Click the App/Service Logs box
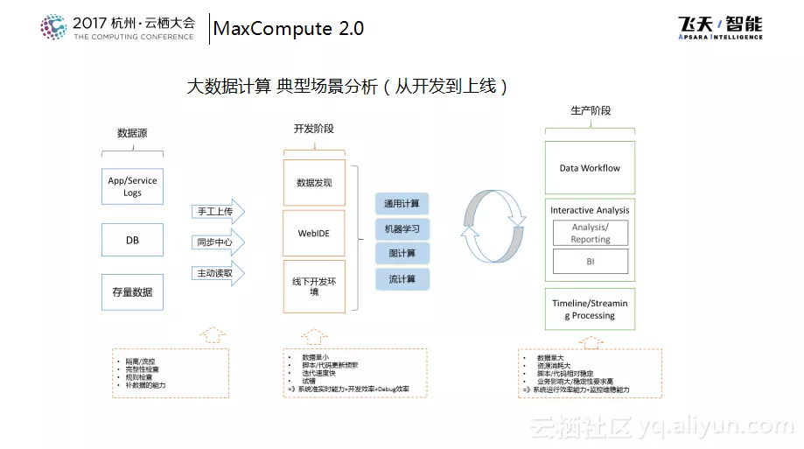click(132, 186)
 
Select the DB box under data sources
click(132, 240)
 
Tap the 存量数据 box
click(132, 291)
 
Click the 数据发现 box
click(314, 183)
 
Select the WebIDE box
click(314, 234)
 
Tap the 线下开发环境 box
click(314, 286)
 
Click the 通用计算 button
click(402, 204)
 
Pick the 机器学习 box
click(402, 229)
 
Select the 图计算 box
click(402, 254)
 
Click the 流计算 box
click(402, 279)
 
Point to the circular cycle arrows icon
click(493, 226)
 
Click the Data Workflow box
click(589, 168)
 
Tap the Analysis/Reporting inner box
click(590, 233)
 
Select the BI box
click(590, 261)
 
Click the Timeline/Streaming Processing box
click(589, 309)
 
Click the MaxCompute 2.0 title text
click(289, 28)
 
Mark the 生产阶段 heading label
click(591, 111)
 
